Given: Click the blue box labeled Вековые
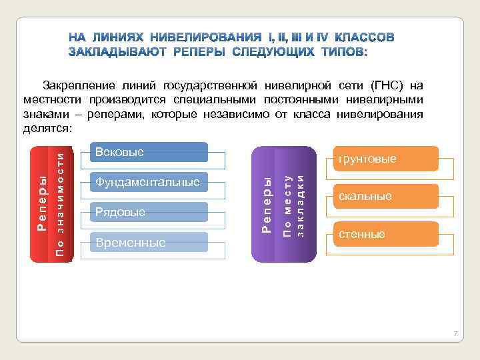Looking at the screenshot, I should click(x=149, y=153).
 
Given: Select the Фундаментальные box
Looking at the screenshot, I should click(x=149, y=182).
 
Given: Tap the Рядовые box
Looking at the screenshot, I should click(x=149, y=212).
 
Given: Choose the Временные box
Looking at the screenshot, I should click(x=149, y=242).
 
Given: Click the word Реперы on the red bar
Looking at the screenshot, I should click(x=41, y=203).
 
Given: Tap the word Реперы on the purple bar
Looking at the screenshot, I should click(x=266, y=205).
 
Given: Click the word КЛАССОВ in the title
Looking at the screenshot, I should click(x=364, y=35).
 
